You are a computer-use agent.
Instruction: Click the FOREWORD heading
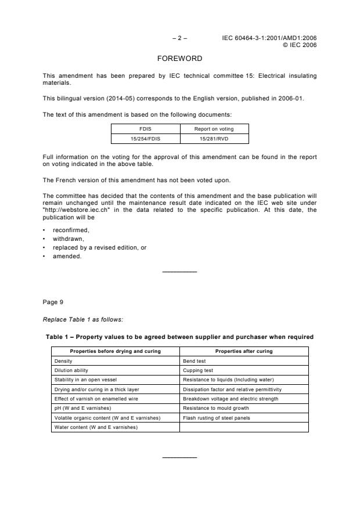pyautogui.click(x=179, y=59)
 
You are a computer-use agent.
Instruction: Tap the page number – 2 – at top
pyautogui.click(x=179, y=38)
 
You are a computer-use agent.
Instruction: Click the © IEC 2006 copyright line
pyautogui.click(x=299, y=45)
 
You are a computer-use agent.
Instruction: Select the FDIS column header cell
pyautogui.click(x=145, y=129)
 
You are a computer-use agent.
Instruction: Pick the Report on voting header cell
pyautogui.click(x=214, y=129)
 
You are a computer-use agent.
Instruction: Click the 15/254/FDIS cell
pyautogui.click(x=145, y=138)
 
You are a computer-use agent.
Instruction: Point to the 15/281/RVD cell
pyautogui.click(x=214, y=138)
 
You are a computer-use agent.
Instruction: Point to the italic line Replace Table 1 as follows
pyautogui.click(x=83, y=319)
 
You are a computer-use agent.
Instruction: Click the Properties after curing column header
pyautogui.click(x=244, y=351)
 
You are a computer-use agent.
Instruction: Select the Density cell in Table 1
pyautogui.click(x=63, y=361)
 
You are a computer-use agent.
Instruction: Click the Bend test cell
pyautogui.click(x=195, y=361)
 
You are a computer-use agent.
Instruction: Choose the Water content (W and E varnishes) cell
pyautogui.click(x=96, y=427)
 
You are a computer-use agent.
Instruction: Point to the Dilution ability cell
pyautogui.click(x=71, y=370)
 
